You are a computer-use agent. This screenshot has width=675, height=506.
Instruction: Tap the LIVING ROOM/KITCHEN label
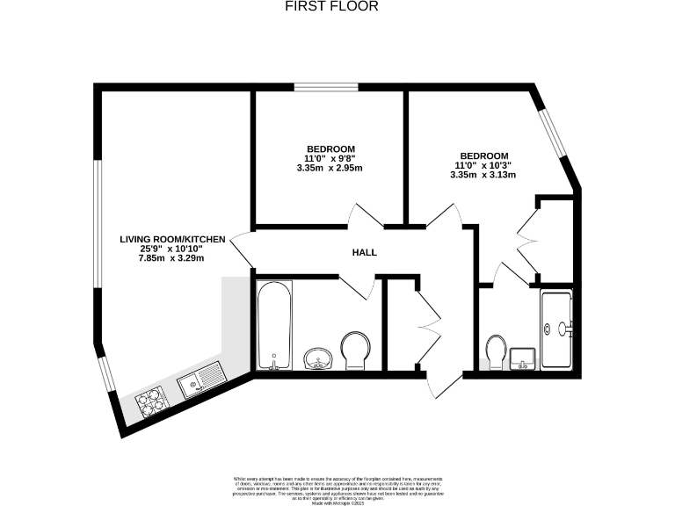point(173,239)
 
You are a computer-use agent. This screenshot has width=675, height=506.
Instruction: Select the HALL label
point(364,252)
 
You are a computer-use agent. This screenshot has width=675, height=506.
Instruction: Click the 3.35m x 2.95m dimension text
point(330,168)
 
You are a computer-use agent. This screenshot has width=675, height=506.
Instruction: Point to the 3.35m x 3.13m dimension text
point(483,175)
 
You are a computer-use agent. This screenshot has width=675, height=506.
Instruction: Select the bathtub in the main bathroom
point(273,326)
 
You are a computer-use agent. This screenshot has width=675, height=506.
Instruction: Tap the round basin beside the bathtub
point(317,358)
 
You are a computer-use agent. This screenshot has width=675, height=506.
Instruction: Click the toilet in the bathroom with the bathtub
point(355,350)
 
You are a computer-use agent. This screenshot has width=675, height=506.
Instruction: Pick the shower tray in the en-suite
point(557,329)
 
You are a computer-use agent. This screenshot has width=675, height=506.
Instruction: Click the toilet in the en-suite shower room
point(496,351)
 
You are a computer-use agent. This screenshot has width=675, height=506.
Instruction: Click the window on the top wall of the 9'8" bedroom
point(330,87)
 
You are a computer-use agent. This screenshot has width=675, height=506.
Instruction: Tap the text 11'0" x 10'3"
point(483,165)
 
